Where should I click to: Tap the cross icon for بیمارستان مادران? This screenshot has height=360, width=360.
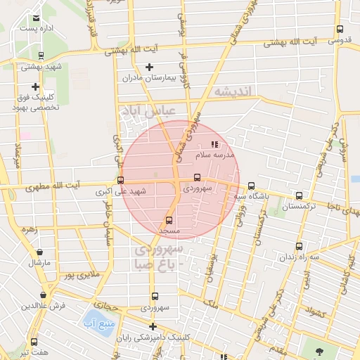tap(149, 67)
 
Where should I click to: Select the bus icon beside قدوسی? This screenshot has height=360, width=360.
tap(340, 30)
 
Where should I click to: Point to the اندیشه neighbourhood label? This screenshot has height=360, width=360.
tap(233, 92)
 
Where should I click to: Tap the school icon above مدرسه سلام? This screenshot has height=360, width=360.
tap(214, 144)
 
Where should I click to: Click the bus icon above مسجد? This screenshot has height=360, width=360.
tap(169, 220)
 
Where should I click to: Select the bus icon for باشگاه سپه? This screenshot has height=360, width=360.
tap(251, 186)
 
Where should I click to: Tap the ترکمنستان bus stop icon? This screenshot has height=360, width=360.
tap(300, 196)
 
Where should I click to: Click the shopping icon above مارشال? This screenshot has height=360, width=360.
tap(39, 252)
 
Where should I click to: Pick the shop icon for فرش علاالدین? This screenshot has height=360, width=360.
tap(44, 295)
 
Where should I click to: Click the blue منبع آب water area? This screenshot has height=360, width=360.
tap(97, 324)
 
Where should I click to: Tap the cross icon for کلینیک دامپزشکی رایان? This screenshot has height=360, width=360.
tap(153, 326)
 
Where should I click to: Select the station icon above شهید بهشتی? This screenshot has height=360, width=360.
tap(41, 56)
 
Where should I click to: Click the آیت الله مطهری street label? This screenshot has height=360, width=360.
tap(53, 187)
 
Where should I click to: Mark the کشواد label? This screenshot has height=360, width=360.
tap(316, 313)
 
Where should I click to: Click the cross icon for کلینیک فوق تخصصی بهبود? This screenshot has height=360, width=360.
tap(35, 86)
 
